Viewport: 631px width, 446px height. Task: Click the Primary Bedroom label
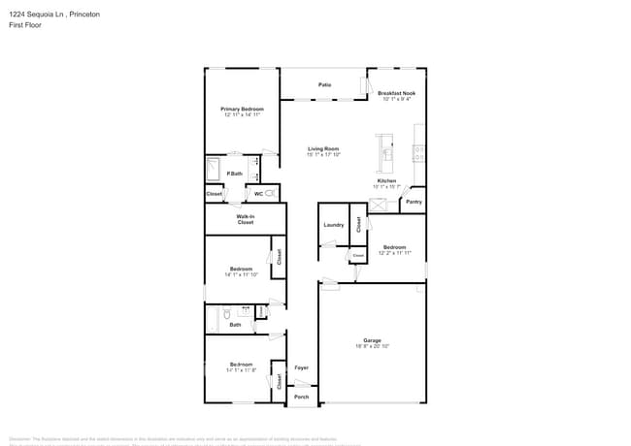coord(242,109)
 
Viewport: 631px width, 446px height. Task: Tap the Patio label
coord(325,85)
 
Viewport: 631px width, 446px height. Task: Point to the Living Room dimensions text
coord(322,154)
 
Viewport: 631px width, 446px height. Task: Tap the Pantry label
coord(414,202)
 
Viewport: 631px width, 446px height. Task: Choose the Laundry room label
coord(333,225)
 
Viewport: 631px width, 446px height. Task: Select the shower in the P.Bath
coord(215,171)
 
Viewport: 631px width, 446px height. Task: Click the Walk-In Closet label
coord(246,219)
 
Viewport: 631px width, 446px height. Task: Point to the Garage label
coord(372,339)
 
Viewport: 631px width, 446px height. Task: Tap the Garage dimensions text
coord(372,346)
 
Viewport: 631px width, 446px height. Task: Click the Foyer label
coord(301,367)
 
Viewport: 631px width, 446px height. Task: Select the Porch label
coord(301,397)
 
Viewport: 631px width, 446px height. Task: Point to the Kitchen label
coord(385,180)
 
